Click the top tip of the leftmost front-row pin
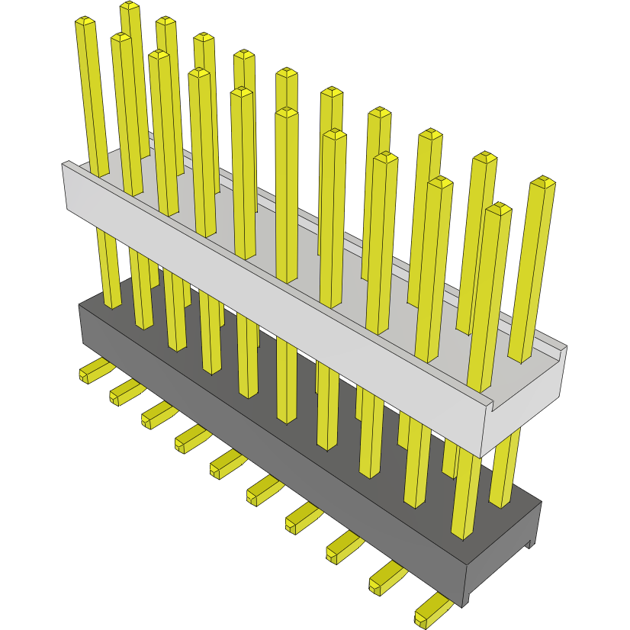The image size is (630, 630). (x=85, y=21)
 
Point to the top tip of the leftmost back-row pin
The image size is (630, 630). (x=130, y=6)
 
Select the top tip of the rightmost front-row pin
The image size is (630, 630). (x=500, y=208)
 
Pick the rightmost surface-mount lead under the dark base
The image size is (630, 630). (x=432, y=609)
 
